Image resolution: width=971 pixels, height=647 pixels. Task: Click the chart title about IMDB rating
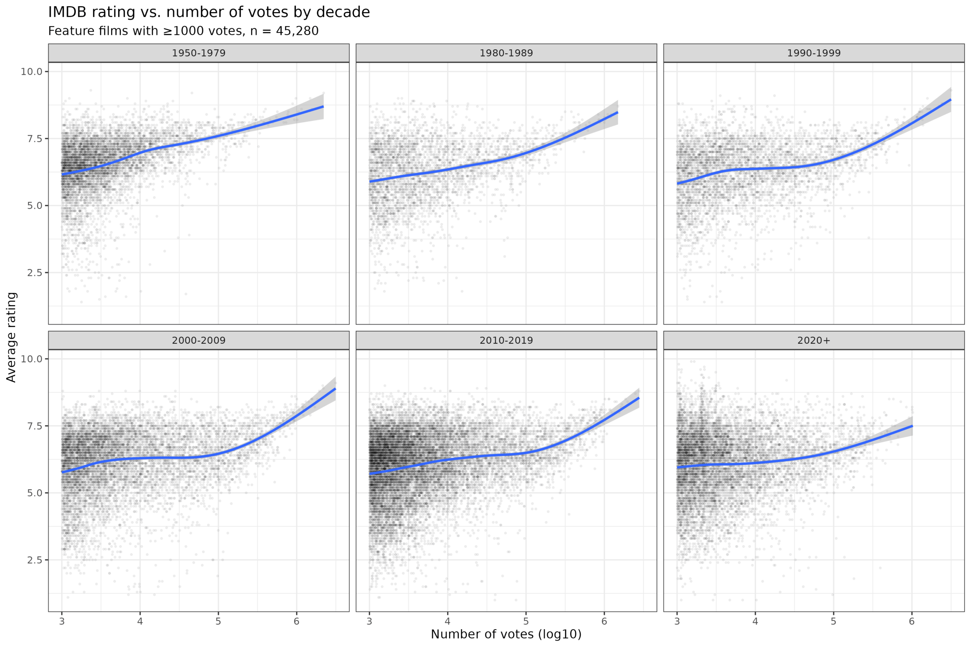[x=209, y=13]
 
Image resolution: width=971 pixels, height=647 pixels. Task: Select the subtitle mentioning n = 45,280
[x=183, y=31]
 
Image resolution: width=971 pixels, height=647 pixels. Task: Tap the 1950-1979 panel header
[x=199, y=53]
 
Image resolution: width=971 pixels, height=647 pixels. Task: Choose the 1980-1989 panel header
[x=506, y=53]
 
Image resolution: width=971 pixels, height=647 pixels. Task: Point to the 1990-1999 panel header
[x=814, y=53]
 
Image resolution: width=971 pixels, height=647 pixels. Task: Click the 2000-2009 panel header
[x=199, y=340]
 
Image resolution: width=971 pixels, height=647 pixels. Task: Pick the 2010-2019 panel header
[x=506, y=340]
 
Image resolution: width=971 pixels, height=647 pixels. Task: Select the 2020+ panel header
[x=814, y=340]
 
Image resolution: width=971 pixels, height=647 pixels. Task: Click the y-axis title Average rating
[x=11, y=337]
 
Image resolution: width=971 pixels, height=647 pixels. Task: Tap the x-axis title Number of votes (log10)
[x=506, y=634]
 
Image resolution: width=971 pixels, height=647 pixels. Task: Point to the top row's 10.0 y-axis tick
[x=32, y=71]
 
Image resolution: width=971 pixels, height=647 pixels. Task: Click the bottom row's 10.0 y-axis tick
[x=32, y=359]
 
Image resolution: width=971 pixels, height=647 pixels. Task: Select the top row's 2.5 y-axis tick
[x=35, y=273]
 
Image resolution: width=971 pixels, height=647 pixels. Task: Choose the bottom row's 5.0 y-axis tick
[x=35, y=493]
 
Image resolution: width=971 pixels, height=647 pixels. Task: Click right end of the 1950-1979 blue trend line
[x=323, y=107]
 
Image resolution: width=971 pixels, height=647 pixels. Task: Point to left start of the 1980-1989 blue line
[x=370, y=182]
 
